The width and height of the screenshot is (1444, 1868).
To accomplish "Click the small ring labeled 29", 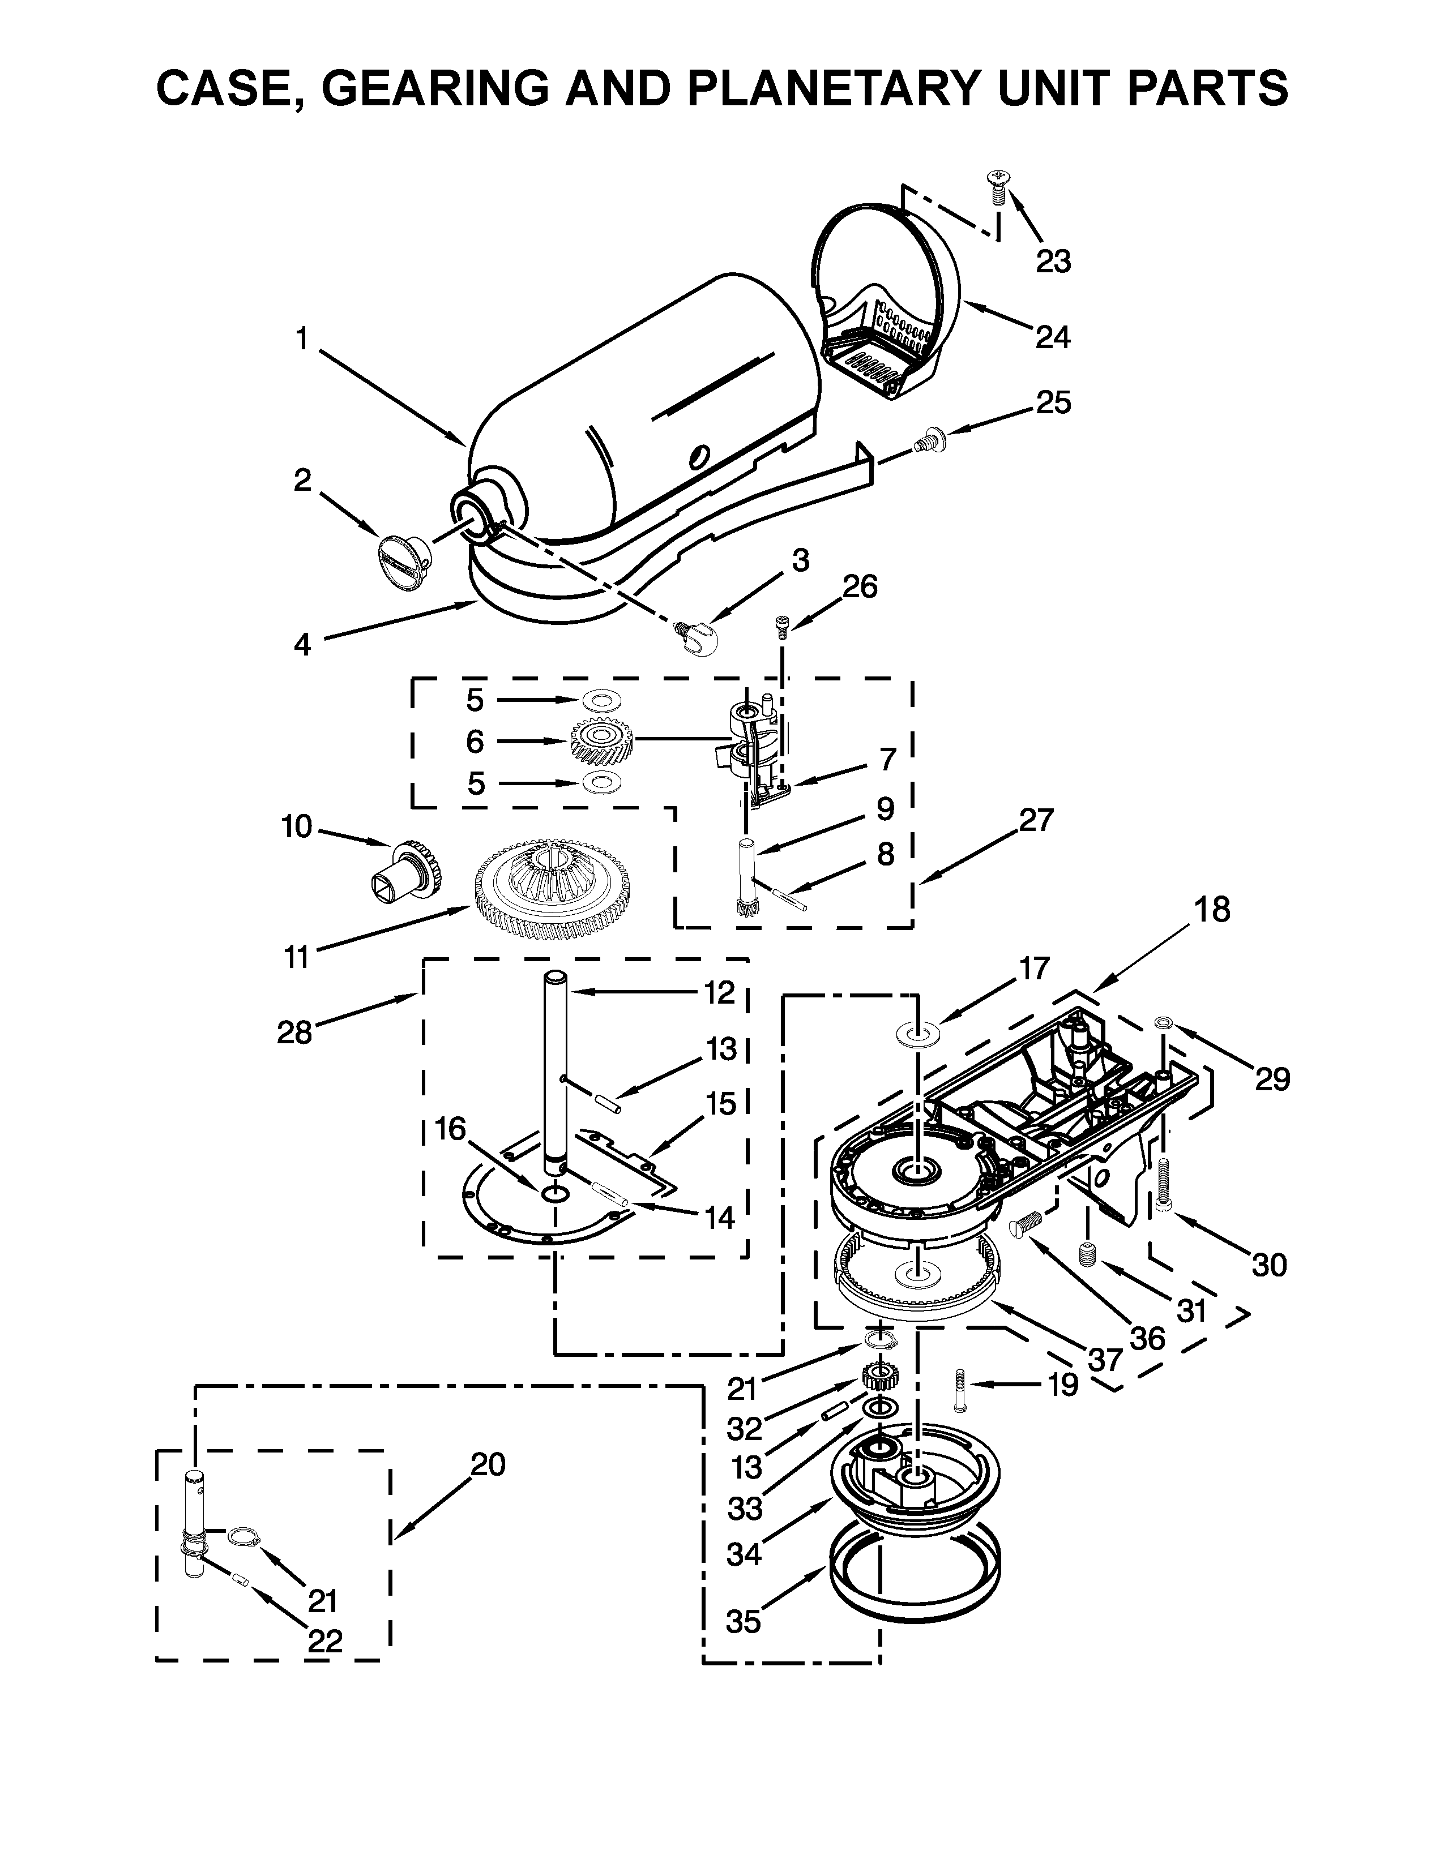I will pos(1164,1022).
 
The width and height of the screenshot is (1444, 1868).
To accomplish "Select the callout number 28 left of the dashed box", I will pos(294,1032).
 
